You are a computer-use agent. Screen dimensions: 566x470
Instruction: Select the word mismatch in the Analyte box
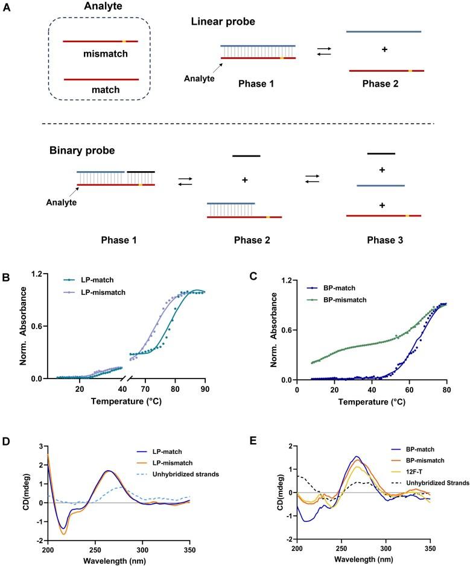[100, 52]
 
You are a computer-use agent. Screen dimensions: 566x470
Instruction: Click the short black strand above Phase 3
[381, 154]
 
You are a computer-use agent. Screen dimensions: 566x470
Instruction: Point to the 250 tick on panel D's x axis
[95, 532]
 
